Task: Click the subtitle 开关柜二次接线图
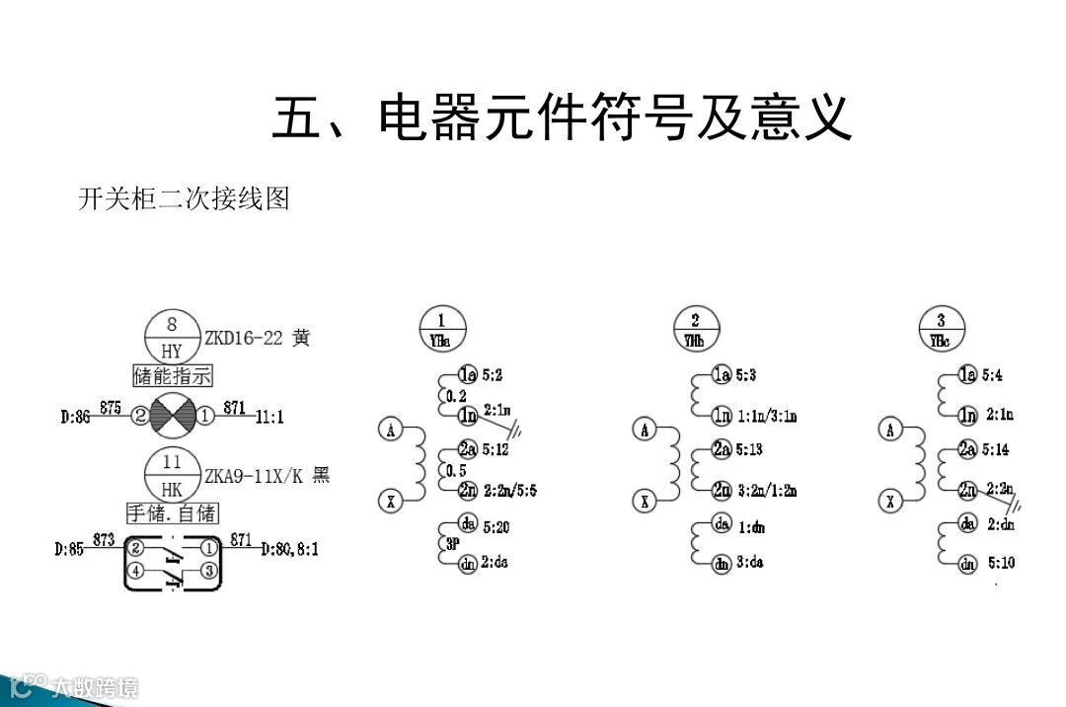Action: pyautogui.click(x=184, y=198)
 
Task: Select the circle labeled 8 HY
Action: pyautogui.click(x=173, y=337)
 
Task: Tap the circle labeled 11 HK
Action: pyautogui.click(x=173, y=475)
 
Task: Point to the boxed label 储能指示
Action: pyautogui.click(x=173, y=376)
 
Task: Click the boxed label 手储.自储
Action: pyautogui.click(x=173, y=513)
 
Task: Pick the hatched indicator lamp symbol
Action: pyautogui.click(x=174, y=416)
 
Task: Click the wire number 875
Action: pyautogui.click(x=110, y=407)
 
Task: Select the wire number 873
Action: pyautogui.click(x=104, y=539)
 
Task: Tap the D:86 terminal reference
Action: pyautogui.click(x=75, y=418)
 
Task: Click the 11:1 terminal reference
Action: pyautogui.click(x=267, y=418)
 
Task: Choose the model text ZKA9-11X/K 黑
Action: pyautogui.click(x=266, y=476)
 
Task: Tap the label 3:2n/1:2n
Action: pyautogui.click(x=767, y=491)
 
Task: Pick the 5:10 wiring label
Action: pyautogui.click(x=1000, y=564)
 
